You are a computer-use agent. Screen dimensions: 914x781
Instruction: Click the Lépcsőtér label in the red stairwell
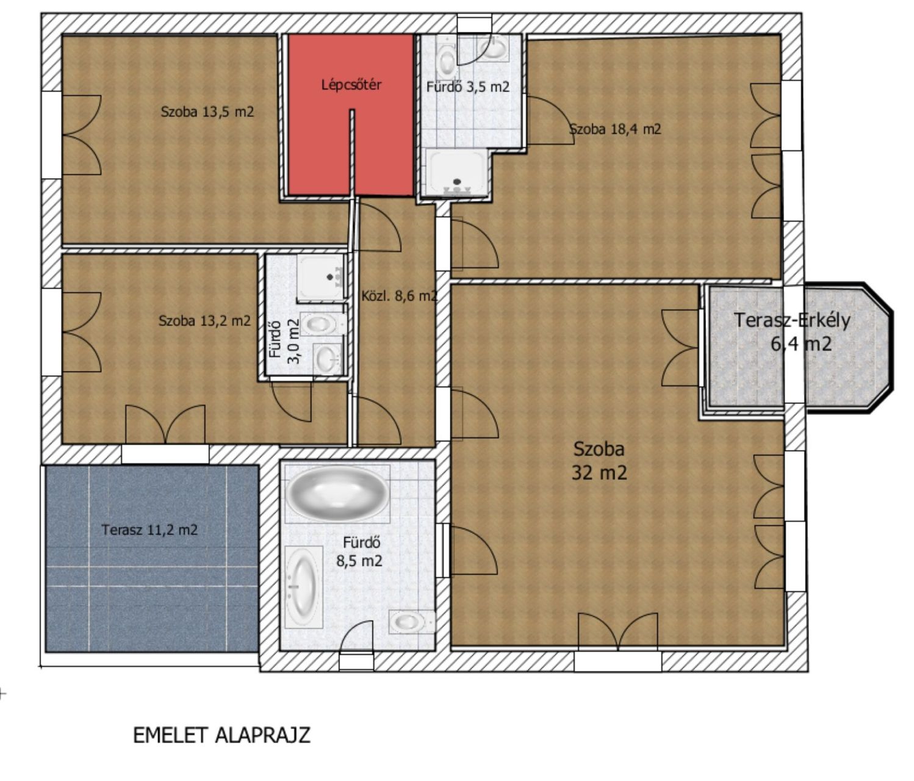click(x=351, y=84)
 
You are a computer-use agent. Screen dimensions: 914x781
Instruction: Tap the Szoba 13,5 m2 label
click(x=207, y=112)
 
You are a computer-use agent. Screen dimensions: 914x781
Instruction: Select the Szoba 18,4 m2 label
click(x=615, y=129)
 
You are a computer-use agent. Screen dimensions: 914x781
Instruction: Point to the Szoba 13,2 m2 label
click(x=205, y=320)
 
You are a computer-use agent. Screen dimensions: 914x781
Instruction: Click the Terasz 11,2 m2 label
click(x=149, y=530)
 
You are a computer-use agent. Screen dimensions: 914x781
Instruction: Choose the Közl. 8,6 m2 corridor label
click(x=399, y=296)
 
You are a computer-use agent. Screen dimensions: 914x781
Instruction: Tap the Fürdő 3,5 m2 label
click(x=468, y=87)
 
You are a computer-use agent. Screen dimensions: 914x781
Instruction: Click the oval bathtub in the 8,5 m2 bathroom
click(x=338, y=493)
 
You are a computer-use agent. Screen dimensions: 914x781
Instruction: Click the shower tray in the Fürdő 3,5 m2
click(x=457, y=173)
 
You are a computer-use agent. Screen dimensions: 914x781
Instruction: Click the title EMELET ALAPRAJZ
click(x=222, y=735)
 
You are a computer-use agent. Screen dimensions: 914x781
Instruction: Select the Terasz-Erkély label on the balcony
click(x=792, y=320)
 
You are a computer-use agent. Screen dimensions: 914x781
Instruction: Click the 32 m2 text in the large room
click(x=599, y=473)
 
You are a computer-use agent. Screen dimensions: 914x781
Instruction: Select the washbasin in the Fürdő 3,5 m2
click(x=494, y=47)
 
